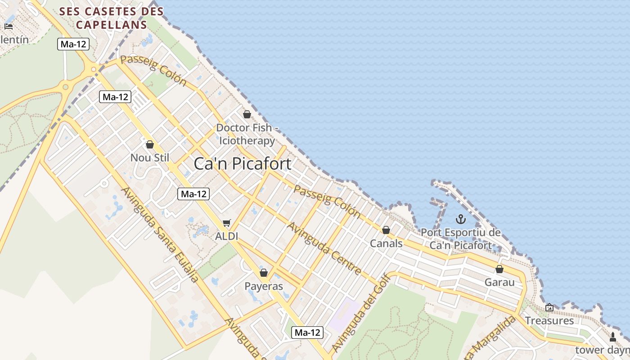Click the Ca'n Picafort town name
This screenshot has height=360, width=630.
pyautogui.click(x=243, y=164)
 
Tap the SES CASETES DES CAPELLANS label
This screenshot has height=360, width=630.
pyautogui.click(x=112, y=18)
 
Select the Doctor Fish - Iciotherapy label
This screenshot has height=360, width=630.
pyautogui.click(x=247, y=134)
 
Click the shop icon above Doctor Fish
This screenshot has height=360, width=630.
pyautogui.click(x=247, y=114)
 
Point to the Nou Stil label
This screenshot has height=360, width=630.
pyautogui.click(x=150, y=158)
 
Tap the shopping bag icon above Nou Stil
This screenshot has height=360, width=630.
pyautogui.click(x=150, y=144)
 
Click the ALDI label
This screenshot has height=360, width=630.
pyautogui.click(x=227, y=236)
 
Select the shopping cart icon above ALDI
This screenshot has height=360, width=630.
pyautogui.click(x=227, y=223)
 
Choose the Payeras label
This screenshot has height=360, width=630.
pyautogui.click(x=264, y=286)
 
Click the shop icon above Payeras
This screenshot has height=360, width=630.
pyautogui.click(x=264, y=273)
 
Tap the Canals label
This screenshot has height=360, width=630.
pyautogui.click(x=386, y=243)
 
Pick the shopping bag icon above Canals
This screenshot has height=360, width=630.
pyautogui.click(x=386, y=230)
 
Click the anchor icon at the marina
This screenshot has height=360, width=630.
pyautogui.click(x=460, y=219)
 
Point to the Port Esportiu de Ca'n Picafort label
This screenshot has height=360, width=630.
pyautogui.click(x=460, y=239)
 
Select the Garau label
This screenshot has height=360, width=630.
pyautogui.click(x=499, y=283)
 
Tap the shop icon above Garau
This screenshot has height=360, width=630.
pyautogui.click(x=499, y=269)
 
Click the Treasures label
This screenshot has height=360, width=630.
pyautogui.click(x=549, y=321)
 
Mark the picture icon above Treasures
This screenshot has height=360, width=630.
pyautogui.click(x=549, y=307)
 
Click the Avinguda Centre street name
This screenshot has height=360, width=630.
pyautogui.click(x=325, y=248)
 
